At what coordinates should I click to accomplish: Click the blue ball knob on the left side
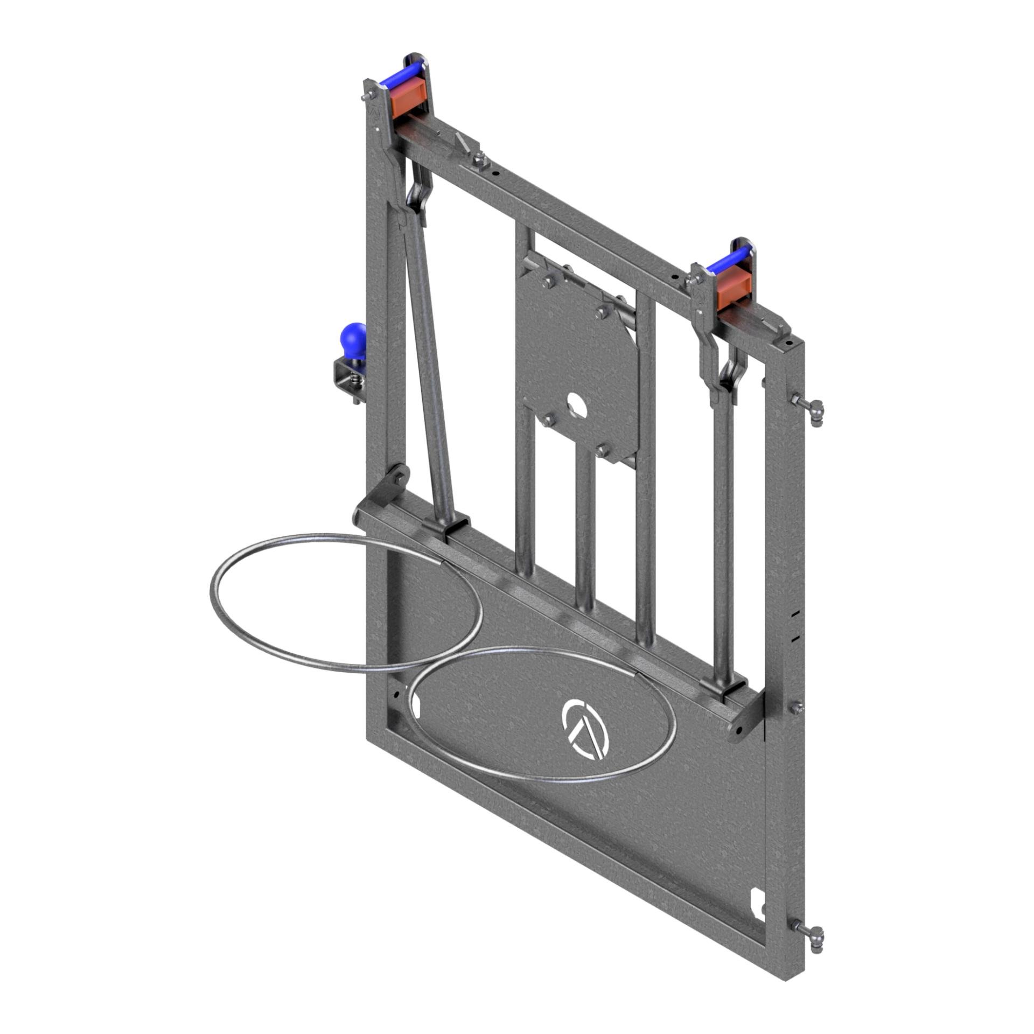coord(352,336)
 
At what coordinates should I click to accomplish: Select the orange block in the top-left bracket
coord(408,101)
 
